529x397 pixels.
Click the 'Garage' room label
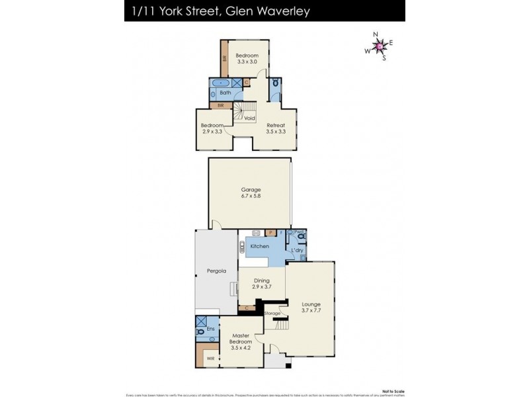[250, 189]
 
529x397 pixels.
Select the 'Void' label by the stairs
[249, 118]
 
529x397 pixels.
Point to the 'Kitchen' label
[259, 246]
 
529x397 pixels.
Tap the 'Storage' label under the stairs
[272, 313]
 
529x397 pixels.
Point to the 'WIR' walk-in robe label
[210, 358]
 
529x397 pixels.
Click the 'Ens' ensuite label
[211, 328]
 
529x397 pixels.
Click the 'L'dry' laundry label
[297, 250]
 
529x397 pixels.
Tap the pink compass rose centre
[380, 46]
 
